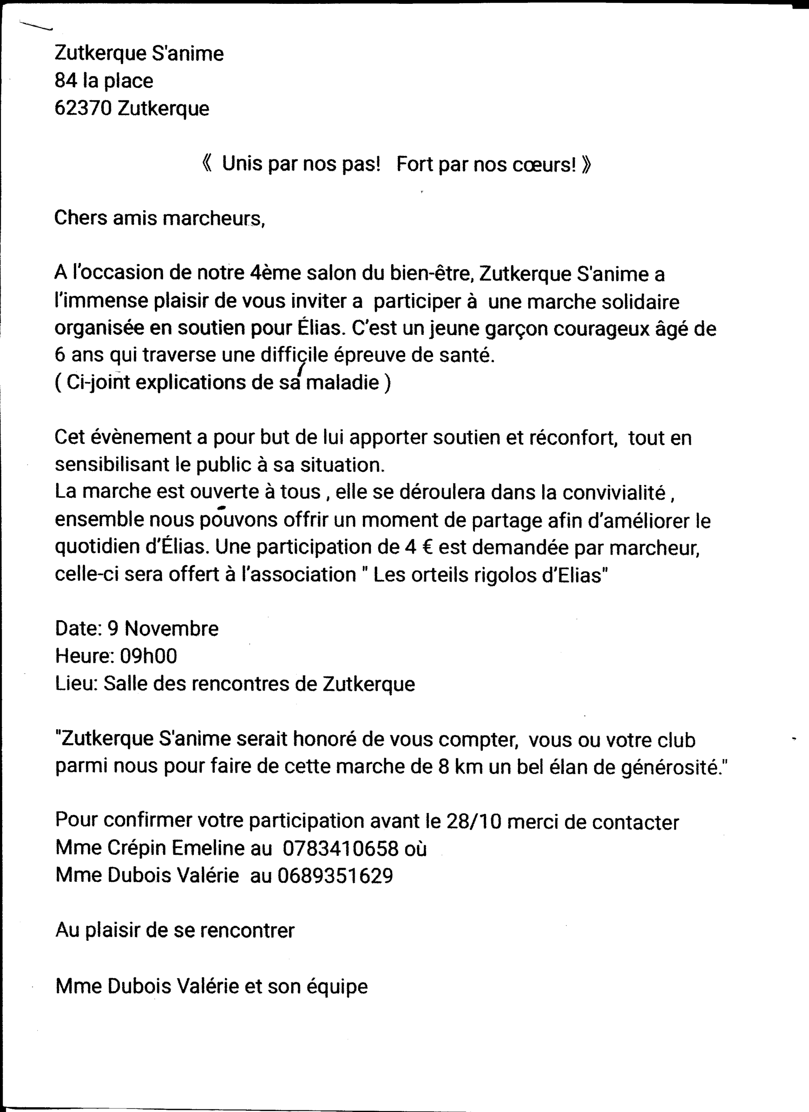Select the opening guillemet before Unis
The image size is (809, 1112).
207,164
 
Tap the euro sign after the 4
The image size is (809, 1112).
427,547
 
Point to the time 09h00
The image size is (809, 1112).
149,656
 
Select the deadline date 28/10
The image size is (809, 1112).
473,822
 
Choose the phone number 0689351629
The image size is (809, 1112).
335,876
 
